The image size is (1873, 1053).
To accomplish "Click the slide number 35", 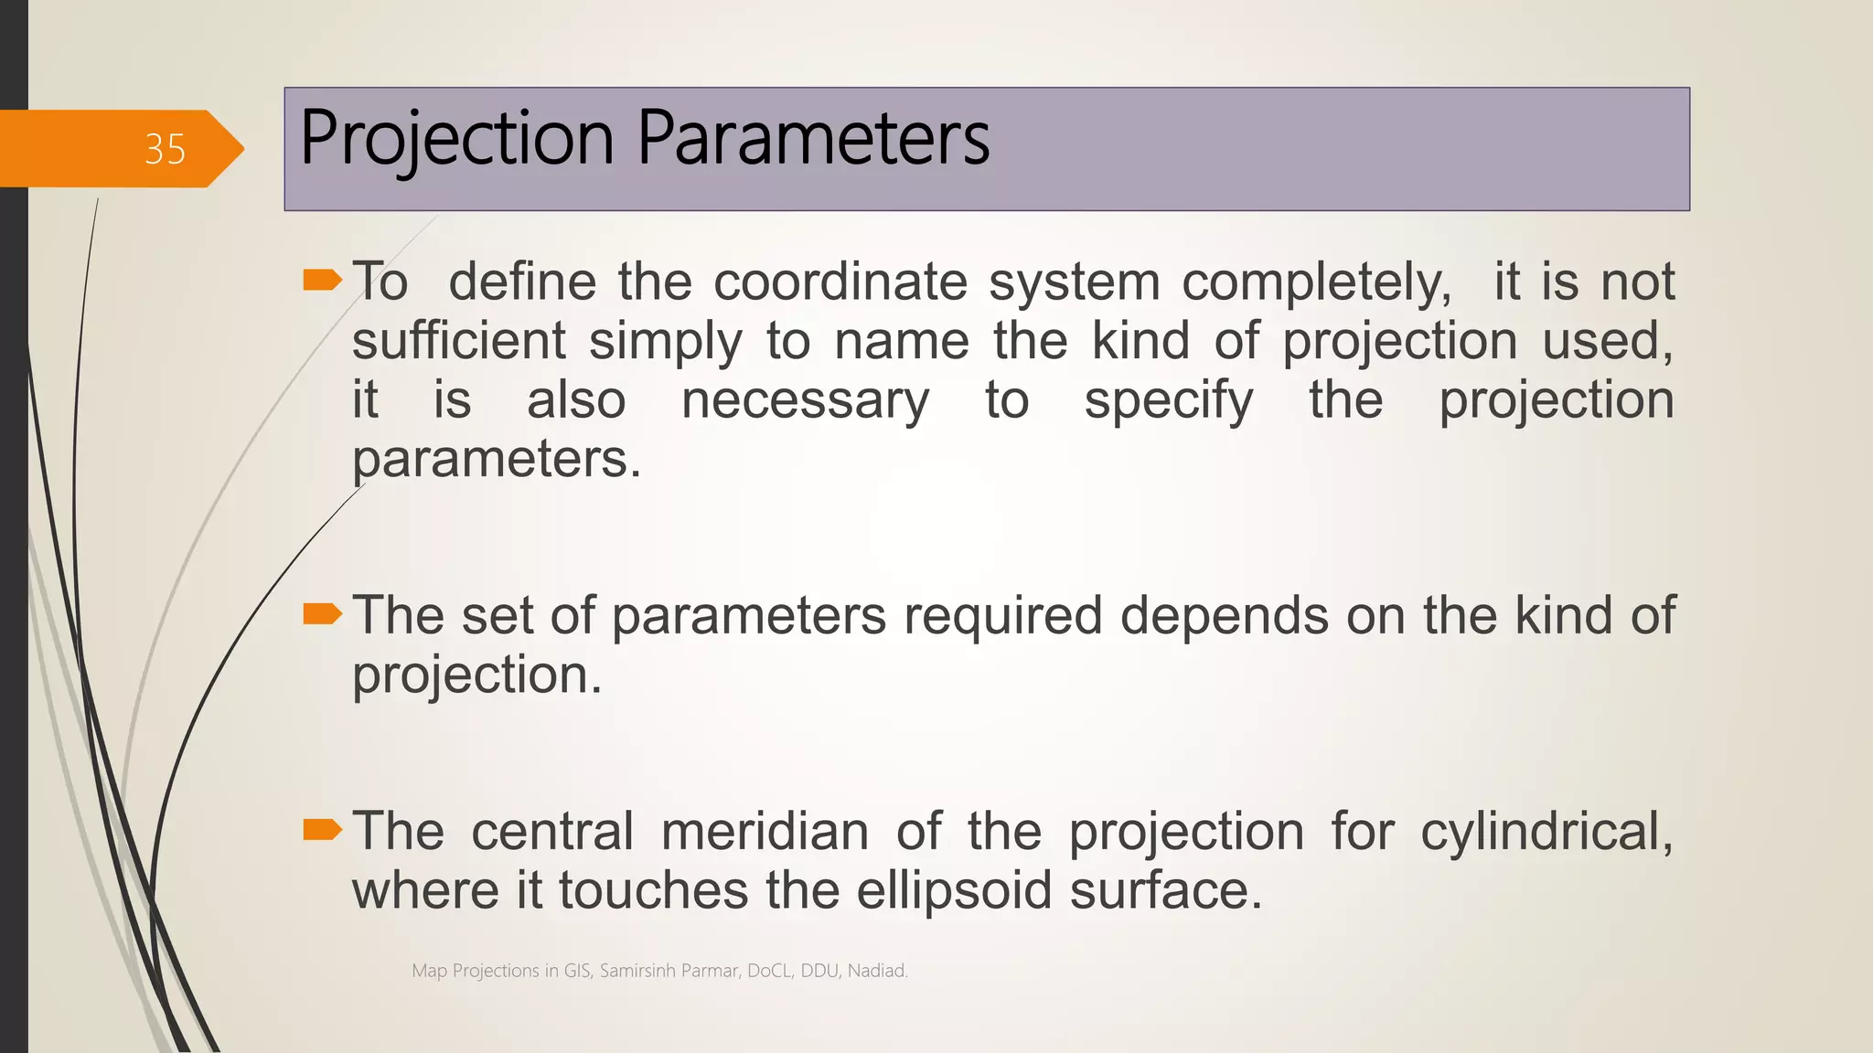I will click(x=165, y=149).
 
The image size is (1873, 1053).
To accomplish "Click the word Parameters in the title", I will click(x=813, y=139).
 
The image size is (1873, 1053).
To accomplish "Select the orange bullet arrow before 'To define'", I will click(x=322, y=280).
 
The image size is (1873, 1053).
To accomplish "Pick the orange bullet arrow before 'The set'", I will click(x=322, y=614).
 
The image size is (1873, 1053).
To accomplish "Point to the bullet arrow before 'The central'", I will click(x=322, y=830).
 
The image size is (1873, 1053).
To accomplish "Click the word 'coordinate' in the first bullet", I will click(x=840, y=282).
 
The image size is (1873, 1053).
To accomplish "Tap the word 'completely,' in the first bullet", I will click(x=1316, y=283).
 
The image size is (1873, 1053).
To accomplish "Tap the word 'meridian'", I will click(x=765, y=832).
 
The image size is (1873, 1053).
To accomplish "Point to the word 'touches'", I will click(x=653, y=891).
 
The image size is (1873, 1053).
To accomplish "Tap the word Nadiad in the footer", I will click(x=877, y=971).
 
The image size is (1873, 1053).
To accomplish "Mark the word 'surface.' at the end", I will click(x=1165, y=891).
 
